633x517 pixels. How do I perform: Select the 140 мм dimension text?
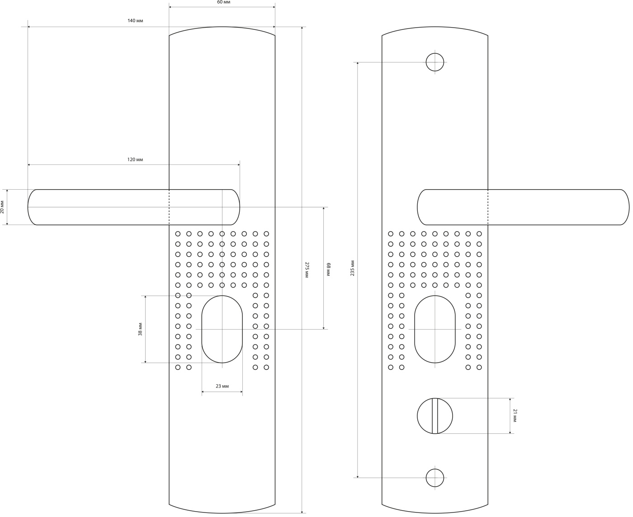click(x=135, y=21)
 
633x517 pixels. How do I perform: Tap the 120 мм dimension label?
click(x=135, y=160)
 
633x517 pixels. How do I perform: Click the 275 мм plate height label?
click(x=307, y=269)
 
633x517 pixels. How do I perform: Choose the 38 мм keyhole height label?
click(x=140, y=329)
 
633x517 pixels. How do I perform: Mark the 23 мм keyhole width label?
click(x=222, y=386)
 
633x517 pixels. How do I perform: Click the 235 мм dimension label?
click(x=353, y=268)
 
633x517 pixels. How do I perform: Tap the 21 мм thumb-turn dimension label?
click(x=515, y=415)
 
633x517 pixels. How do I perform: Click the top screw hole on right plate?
click(x=435, y=62)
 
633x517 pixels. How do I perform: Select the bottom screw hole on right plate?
click(x=435, y=478)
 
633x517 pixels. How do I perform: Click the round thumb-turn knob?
click(x=425, y=416)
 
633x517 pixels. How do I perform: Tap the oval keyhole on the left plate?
click(x=222, y=329)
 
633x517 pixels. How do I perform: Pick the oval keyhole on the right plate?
click(x=435, y=329)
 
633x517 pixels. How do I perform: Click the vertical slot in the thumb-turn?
click(x=435, y=416)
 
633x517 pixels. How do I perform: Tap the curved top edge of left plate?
click(x=222, y=28)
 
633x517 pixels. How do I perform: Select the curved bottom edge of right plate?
click(x=435, y=512)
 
